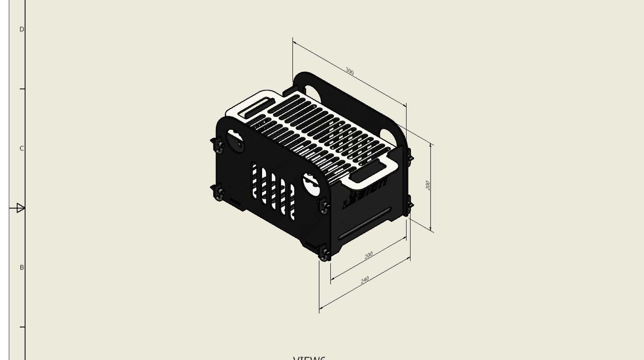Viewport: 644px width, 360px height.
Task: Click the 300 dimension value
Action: click(x=349, y=71)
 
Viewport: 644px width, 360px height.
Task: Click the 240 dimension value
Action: click(x=365, y=280)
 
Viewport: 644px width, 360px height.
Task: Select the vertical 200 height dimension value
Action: click(x=427, y=185)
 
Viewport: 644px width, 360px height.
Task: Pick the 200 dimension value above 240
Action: click(x=369, y=255)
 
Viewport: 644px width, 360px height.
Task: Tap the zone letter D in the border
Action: click(x=21, y=29)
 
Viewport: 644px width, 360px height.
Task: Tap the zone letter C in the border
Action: click(x=21, y=148)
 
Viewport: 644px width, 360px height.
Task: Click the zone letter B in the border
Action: click(x=21, y=267)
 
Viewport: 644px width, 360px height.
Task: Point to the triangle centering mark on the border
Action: click(x=20, y=208)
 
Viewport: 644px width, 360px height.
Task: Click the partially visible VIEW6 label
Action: click(x=309, y=358)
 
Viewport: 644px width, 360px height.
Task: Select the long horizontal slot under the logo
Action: click(x=365, y=222)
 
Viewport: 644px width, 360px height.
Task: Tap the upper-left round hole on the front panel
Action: click(x=235, y=139)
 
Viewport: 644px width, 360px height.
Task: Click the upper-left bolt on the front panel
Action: click(x=219, y=145)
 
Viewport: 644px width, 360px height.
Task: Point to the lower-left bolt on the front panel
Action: click(x=219, y=192)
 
